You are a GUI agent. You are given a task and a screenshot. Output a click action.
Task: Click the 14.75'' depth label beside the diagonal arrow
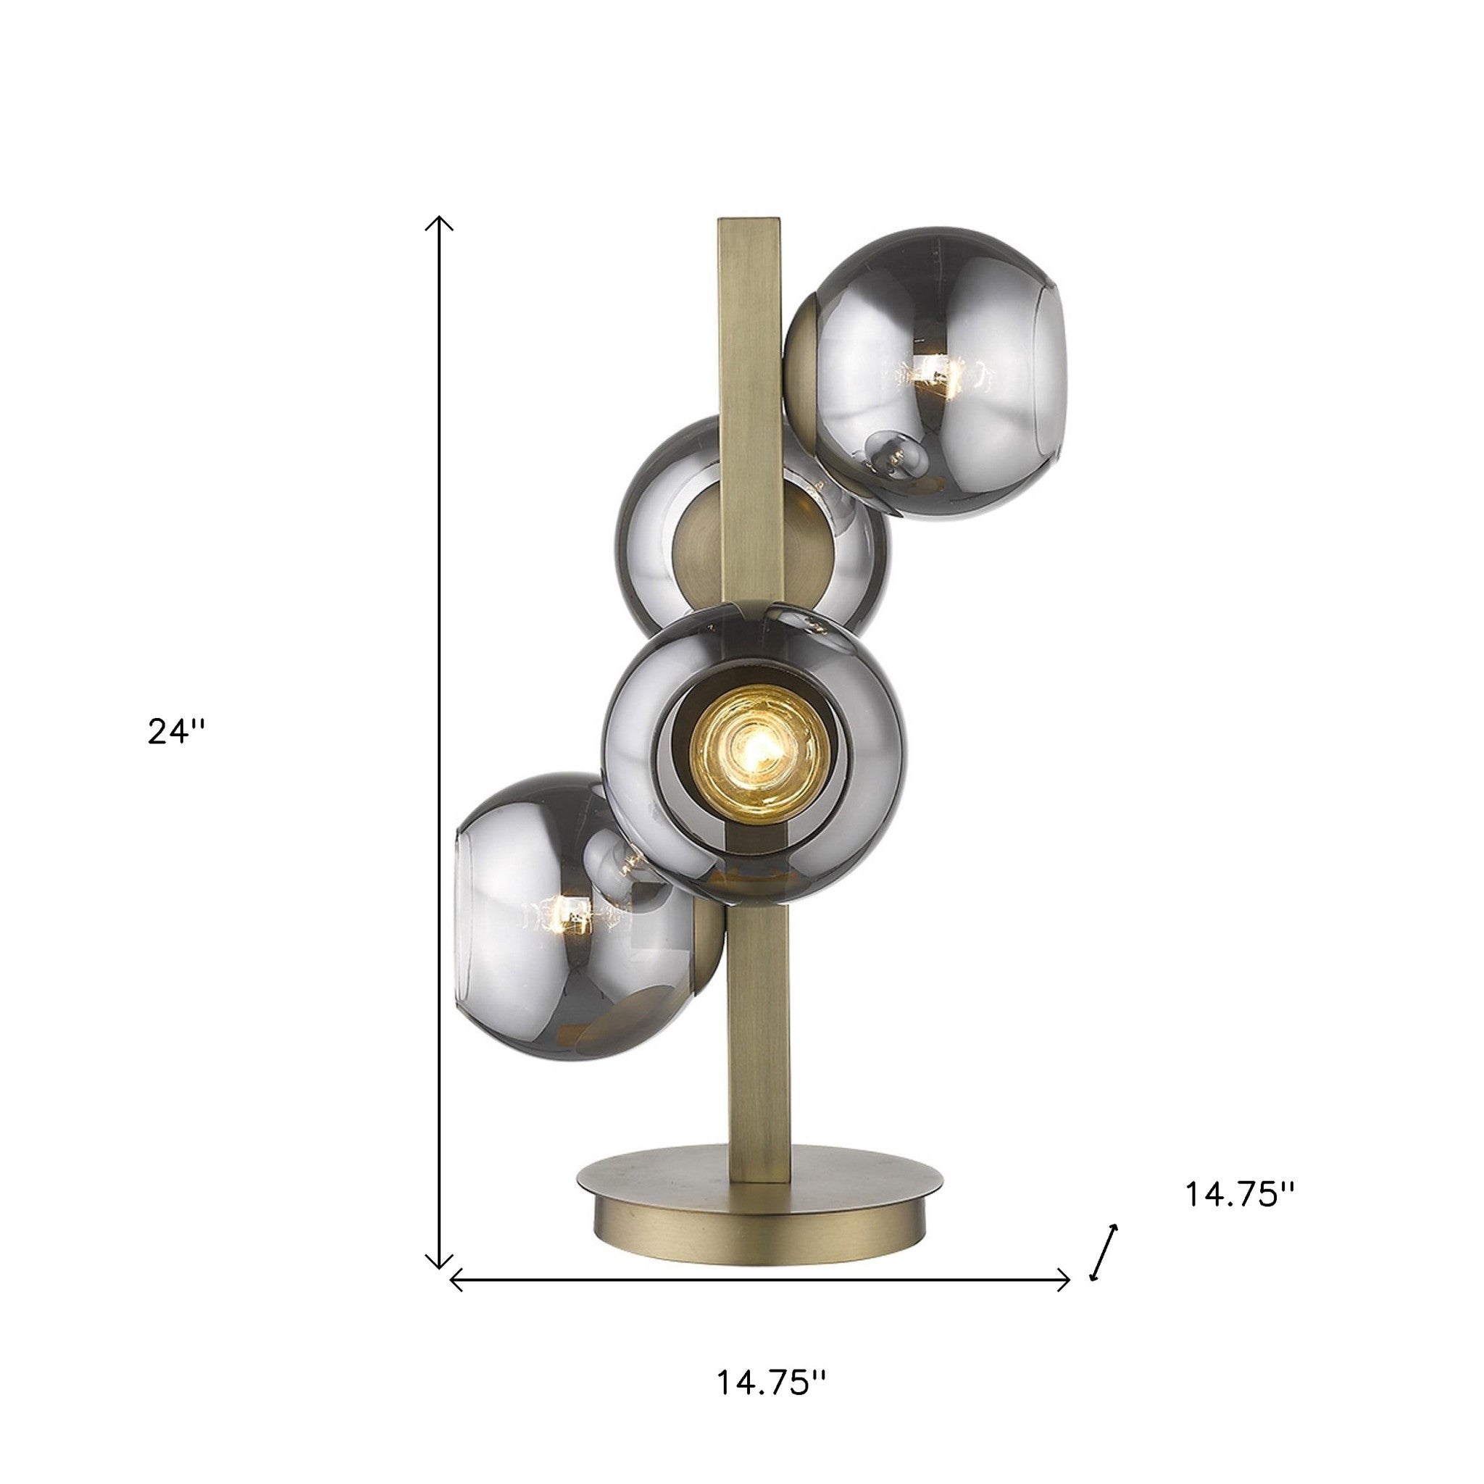tap(1241, 1216)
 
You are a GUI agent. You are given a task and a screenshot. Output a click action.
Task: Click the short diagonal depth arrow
tap(1104, 1253)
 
